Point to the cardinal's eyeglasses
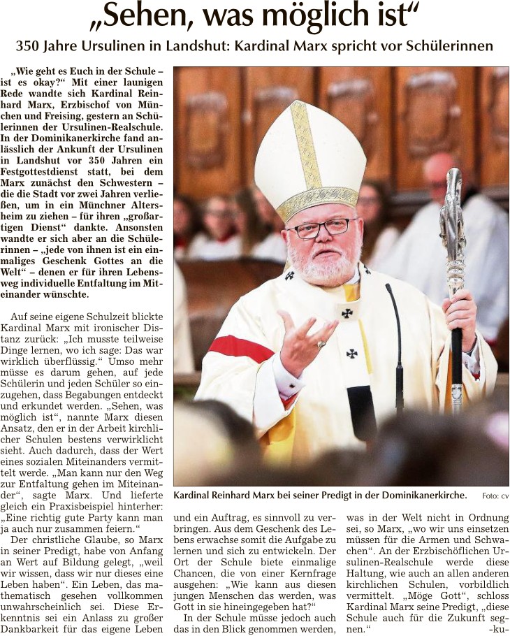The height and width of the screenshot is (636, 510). coord(321,229)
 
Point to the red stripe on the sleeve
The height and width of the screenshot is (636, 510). coord(240,347)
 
